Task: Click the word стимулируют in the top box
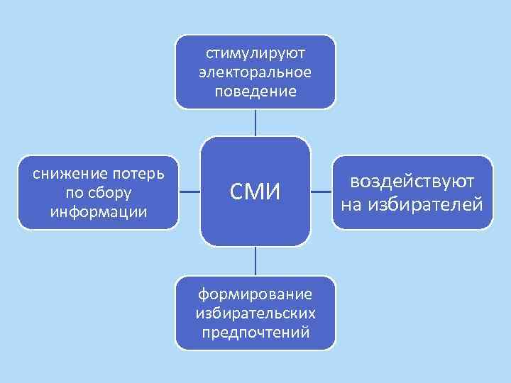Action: tap(255, 54)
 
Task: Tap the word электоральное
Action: tap(255, 72)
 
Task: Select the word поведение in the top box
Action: tap(255, 91)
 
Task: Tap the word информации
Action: tap(99, 211)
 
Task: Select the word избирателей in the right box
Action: tap(425, 205)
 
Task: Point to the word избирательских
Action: tap(255, 313)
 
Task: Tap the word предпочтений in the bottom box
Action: tap(255, 332)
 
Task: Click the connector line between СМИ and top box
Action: tap(255, 122)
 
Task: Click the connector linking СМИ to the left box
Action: tap(189, 192)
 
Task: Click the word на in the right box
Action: tap(351, 205)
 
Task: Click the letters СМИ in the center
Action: tap(255, 191)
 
